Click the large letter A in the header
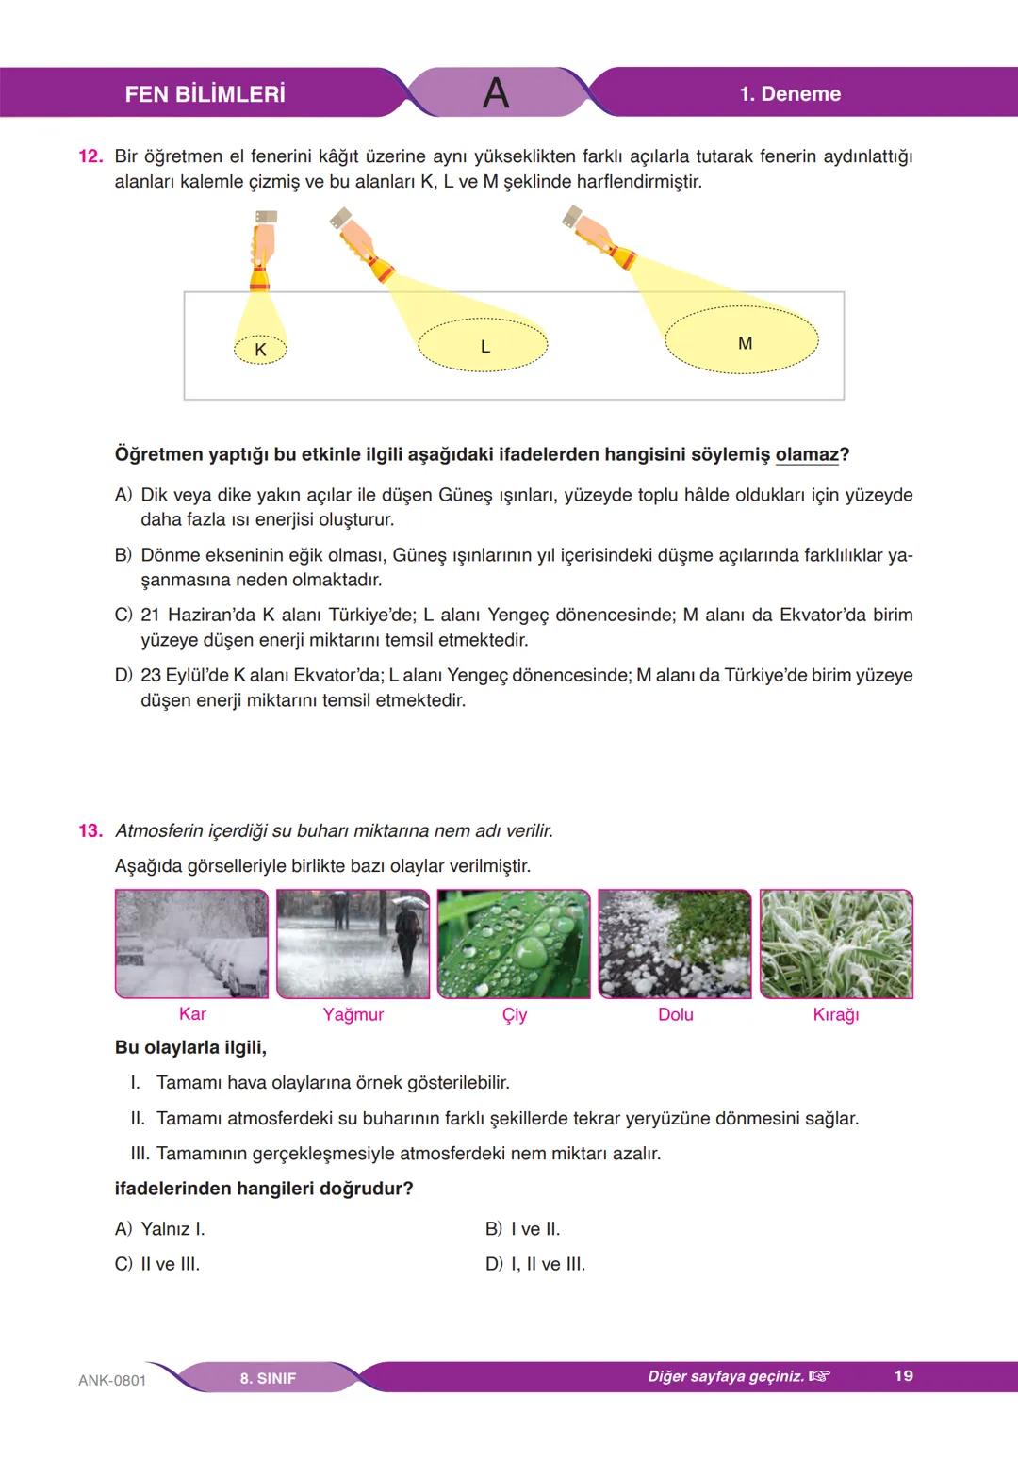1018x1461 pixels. (x=495, y=92)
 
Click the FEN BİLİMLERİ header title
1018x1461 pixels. (x=205, y=93)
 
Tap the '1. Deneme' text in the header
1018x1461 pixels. (x=790, y=93)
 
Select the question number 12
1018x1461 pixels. (x=90, y=156)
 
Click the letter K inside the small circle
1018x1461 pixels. (x=260, y=350)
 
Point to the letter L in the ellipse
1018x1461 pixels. (x=484, y=347)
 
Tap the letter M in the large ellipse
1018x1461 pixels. (x=745, y=343)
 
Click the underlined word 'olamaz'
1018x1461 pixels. (x=806, y=454)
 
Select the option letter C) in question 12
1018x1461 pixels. (x=123, y=616)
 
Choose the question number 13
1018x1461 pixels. (x=90, y=830)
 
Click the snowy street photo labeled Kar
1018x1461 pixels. (x=191, y=944)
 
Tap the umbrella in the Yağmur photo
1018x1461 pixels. (x=409, y=901)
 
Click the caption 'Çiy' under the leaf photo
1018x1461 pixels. (x=514, y=1014)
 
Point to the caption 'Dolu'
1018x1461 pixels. (x=675, y=1014)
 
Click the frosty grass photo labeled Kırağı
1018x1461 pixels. (x=836, y=944)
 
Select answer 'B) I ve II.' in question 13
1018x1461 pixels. (x=522, y=1229)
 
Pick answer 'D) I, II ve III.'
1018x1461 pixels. (x=534, y=1264)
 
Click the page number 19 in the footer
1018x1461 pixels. (x=903, y=1375)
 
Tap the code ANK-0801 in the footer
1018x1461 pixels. (x=112, y=1380)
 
